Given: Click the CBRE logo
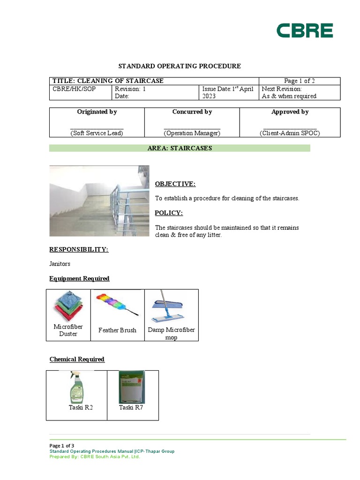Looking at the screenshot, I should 304,30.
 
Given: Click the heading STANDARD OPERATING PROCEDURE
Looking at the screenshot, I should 180,66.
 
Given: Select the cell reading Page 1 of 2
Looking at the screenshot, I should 300,81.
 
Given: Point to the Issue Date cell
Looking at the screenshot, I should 228,92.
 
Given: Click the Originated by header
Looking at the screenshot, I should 97,112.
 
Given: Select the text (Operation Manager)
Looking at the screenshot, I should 192,133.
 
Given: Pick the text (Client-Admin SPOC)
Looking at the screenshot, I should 290,133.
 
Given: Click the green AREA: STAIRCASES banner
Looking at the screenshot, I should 180,148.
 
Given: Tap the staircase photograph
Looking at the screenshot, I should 99,201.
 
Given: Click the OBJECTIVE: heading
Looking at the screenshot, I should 175,184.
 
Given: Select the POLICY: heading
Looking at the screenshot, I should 169,213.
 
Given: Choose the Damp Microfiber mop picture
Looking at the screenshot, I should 171,307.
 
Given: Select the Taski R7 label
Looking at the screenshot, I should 131,407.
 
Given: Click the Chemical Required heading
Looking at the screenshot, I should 77,360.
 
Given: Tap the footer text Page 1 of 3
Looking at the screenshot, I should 62,445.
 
